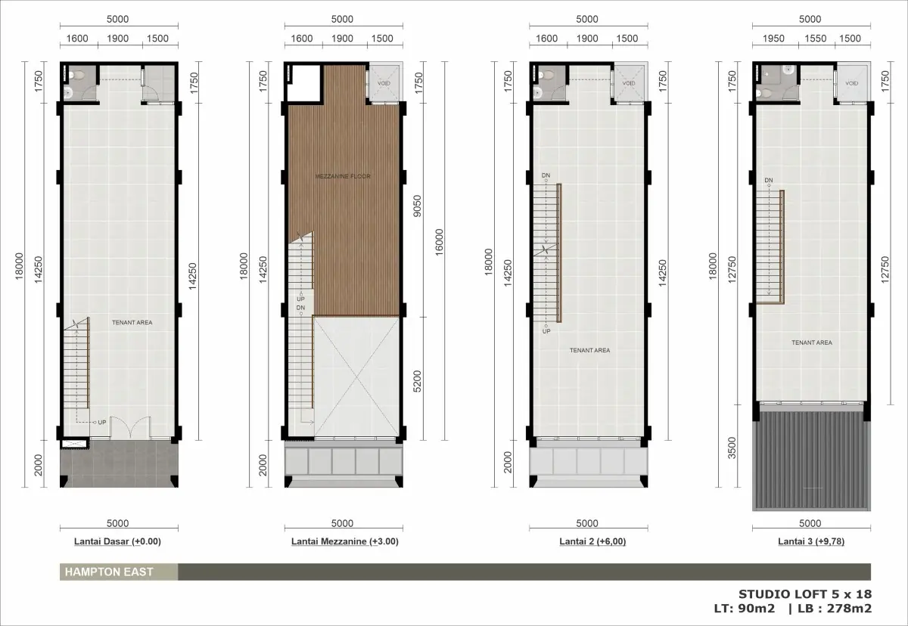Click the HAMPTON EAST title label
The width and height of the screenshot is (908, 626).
pos(109,572)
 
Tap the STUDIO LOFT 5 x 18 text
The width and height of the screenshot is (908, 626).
pos(804,594)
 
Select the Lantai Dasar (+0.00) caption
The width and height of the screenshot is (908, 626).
pos(117,541)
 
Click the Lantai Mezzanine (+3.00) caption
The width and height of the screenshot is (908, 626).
pos(344,541)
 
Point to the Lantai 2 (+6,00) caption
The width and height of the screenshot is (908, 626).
pos(592,541)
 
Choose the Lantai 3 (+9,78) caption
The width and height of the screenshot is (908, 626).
pos(811,541)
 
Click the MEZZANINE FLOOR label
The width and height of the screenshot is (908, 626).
pos(343,176)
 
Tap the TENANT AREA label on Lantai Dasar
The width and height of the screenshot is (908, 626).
pos(132,322)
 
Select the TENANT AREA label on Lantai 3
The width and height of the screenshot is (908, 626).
pos(812,342)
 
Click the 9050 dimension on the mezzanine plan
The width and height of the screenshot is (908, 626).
pos(417,206)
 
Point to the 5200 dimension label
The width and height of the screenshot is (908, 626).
pos(417,382)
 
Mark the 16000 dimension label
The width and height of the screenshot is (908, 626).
pos(439,243)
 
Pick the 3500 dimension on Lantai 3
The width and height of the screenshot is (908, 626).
pos(732,448)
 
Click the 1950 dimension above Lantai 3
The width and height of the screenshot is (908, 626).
pos(773,39)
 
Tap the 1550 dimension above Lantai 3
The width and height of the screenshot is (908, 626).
pos(815,39)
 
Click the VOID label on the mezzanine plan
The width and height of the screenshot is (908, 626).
pos(384,83)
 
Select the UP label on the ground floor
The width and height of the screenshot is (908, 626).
pos(101,423)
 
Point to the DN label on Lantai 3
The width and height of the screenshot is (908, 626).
pos(769,180)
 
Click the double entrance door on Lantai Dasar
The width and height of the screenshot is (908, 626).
pos(129,427)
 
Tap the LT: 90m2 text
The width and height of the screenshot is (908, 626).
pos(745,609)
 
